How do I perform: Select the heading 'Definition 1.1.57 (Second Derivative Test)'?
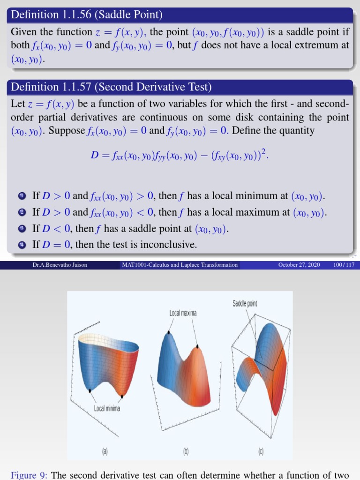tap(111, 87)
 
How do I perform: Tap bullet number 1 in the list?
tap(22, 196)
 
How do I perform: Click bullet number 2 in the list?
tap(22, 213)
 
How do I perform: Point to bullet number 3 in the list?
tap(22, 229)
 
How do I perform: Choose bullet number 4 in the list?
tap(22, 245)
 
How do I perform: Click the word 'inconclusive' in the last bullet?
tap(168, 245)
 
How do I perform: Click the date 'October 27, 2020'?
tap(299, 265)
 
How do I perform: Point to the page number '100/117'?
tap(344, 265)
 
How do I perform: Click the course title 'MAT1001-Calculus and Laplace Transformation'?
tap(180, 265)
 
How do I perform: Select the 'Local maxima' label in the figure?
tap(183, 313)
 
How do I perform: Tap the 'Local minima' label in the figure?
tap(107, 409)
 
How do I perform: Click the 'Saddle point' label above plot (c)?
tap(245, 304)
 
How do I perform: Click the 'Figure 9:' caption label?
tap(30, 475)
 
